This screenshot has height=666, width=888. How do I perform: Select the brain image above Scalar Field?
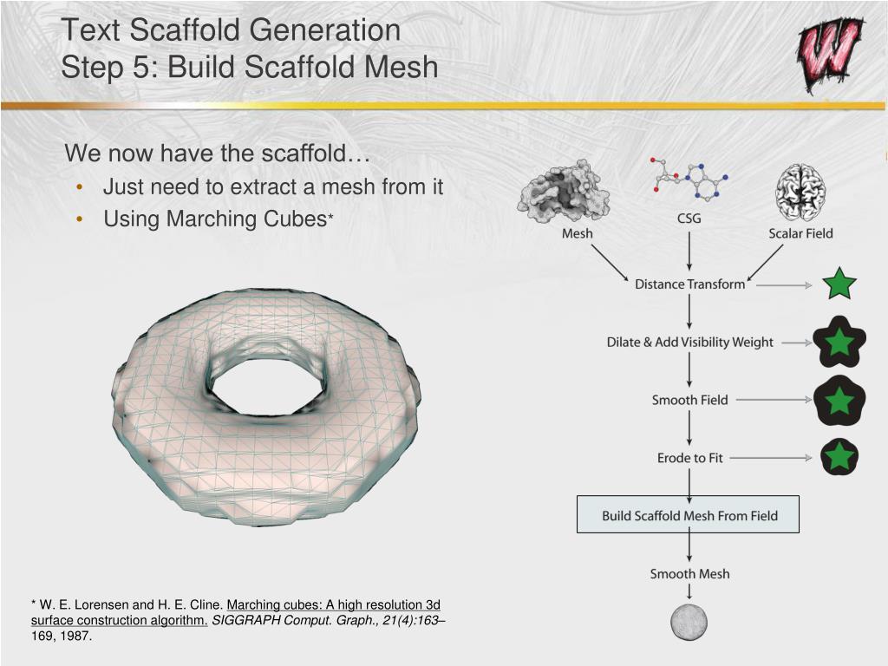point(800,192)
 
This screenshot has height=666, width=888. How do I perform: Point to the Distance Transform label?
point(689,284)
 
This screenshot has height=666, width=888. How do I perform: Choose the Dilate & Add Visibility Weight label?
point(689,343)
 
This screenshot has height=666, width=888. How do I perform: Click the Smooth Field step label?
point(689,400)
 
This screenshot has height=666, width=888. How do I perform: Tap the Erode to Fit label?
point(689,458)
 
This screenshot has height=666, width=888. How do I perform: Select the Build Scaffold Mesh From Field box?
point(688,515)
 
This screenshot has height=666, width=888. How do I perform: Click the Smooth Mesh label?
point(689,574)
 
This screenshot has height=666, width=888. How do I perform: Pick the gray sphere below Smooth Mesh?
point(689,623)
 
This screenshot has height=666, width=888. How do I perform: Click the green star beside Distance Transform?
point(839,284)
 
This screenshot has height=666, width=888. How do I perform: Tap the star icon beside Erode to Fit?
point(839,457)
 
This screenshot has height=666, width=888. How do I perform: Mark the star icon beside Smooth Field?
point(839,401)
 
